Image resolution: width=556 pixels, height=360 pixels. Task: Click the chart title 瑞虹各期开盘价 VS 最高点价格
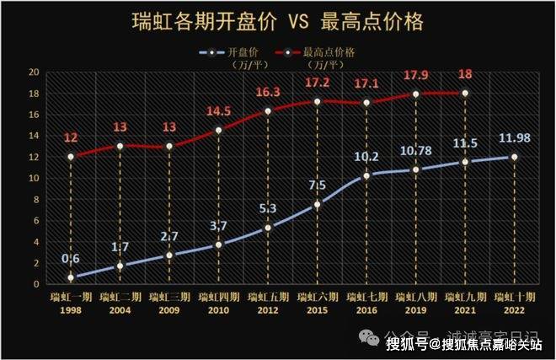pos(277,20)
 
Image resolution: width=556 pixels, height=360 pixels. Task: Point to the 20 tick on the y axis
pos(34,73)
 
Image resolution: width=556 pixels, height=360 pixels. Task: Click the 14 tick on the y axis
pos(34,136)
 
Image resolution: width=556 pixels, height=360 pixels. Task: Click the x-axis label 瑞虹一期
pos(70,297)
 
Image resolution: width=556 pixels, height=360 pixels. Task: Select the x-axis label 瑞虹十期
pos(513,297)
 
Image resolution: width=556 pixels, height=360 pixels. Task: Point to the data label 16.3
pos(267,93)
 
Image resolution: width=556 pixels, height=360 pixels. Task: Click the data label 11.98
pos(513,137)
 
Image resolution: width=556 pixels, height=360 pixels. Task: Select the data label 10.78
pos(414,151)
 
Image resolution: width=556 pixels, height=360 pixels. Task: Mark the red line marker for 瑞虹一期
pos(71,157)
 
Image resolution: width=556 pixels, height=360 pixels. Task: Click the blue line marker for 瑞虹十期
pos(514,157)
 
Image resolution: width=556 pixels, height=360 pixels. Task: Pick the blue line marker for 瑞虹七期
pos(366,175)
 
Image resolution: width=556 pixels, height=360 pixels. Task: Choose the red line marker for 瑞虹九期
pos(464,93)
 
